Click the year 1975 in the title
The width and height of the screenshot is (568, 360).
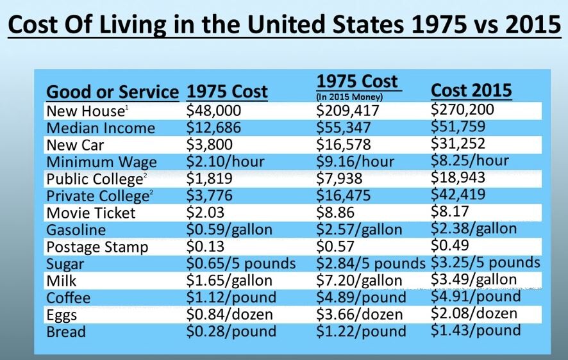click(439, 24)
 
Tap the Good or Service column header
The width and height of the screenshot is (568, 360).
click(113, 92)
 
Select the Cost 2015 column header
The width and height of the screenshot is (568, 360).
click(471, 90)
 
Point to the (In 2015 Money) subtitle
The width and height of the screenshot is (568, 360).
click(349, 97)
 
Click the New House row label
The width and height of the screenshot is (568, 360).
click(87, 111)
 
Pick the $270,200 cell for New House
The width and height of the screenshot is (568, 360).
click(462, 110)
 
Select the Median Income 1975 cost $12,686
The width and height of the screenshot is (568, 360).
click(213, 127)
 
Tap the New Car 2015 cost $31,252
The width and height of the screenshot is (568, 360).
click(458, 143)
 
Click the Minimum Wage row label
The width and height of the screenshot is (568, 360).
click(102, 162)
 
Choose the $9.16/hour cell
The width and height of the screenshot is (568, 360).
click(355, 161)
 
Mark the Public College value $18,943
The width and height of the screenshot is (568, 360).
click(458, 177)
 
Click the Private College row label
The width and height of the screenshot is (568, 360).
click(99, 196)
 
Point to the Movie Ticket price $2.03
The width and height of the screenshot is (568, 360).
click(205, 212)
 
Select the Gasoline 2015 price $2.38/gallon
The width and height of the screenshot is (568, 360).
click(474, 229)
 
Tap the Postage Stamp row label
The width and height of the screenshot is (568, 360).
click(97, 247)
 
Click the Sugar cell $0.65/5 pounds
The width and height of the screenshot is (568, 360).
click(241, 263)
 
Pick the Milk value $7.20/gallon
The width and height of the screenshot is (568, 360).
click(360, 281)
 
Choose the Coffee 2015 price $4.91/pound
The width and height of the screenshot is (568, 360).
click(476, 297)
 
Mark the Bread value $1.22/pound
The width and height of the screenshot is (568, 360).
click(361, 331)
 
